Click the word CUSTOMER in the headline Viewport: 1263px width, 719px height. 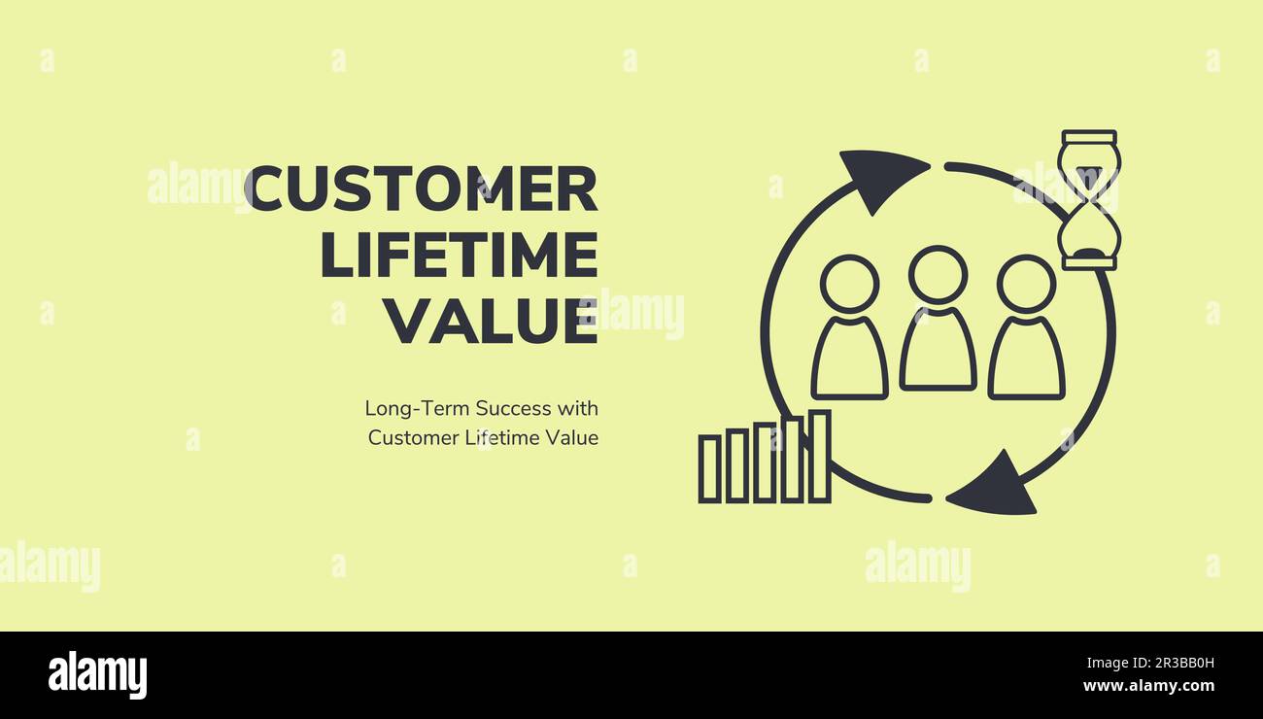click(x=421, y=189)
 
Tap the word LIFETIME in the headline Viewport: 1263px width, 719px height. click(x=459, y=256)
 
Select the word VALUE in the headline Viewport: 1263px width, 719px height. click(x=490, y=322)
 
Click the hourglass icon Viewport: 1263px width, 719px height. click(x=1088, y=200)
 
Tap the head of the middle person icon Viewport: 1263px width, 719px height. click(x=938, y=274)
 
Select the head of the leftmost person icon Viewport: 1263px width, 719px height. click(x=849, y=284)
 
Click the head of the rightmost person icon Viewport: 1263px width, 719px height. click(x=1026, y=284)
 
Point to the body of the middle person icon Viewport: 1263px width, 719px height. click(x=938, y=352)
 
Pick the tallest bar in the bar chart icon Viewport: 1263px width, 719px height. click(x=819, y=457)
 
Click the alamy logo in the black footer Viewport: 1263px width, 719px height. click(x=97, y=675)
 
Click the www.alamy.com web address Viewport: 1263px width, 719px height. click(x=1148, y=686)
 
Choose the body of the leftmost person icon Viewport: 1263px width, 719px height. click(x=849, y=359)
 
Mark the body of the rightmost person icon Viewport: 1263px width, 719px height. click(x=1026, y=359)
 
